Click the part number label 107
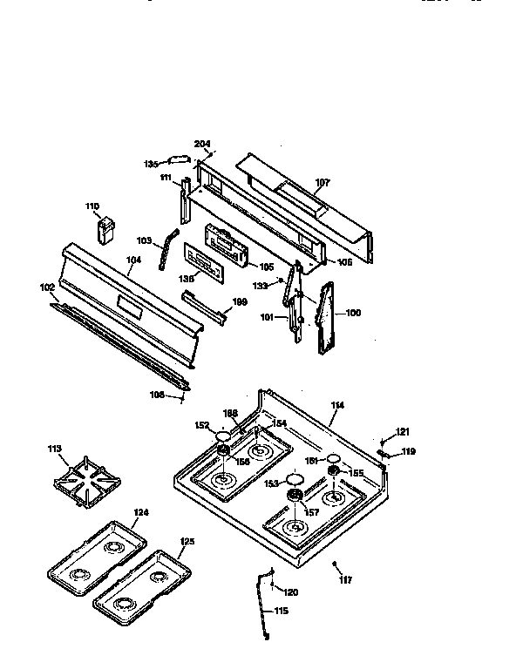pyautogui.click(x=322, y=183)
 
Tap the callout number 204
pyautogui.click(x=202, y=145)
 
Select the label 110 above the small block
pyautogui.click(x=92, y=206)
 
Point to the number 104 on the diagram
pyautogui.click(x=133, y=260)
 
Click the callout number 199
pyautogui.click(x=240, y=302)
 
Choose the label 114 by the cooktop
pyautogui.click(x=337, y=403)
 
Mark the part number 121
pyautogui.click(x=402, y=432)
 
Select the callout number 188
pyautogui.click(x=230, y=413)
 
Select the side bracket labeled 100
pyautogui.click(x=328, y=319)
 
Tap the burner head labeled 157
pyautogui.click(x=295, y=497)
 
